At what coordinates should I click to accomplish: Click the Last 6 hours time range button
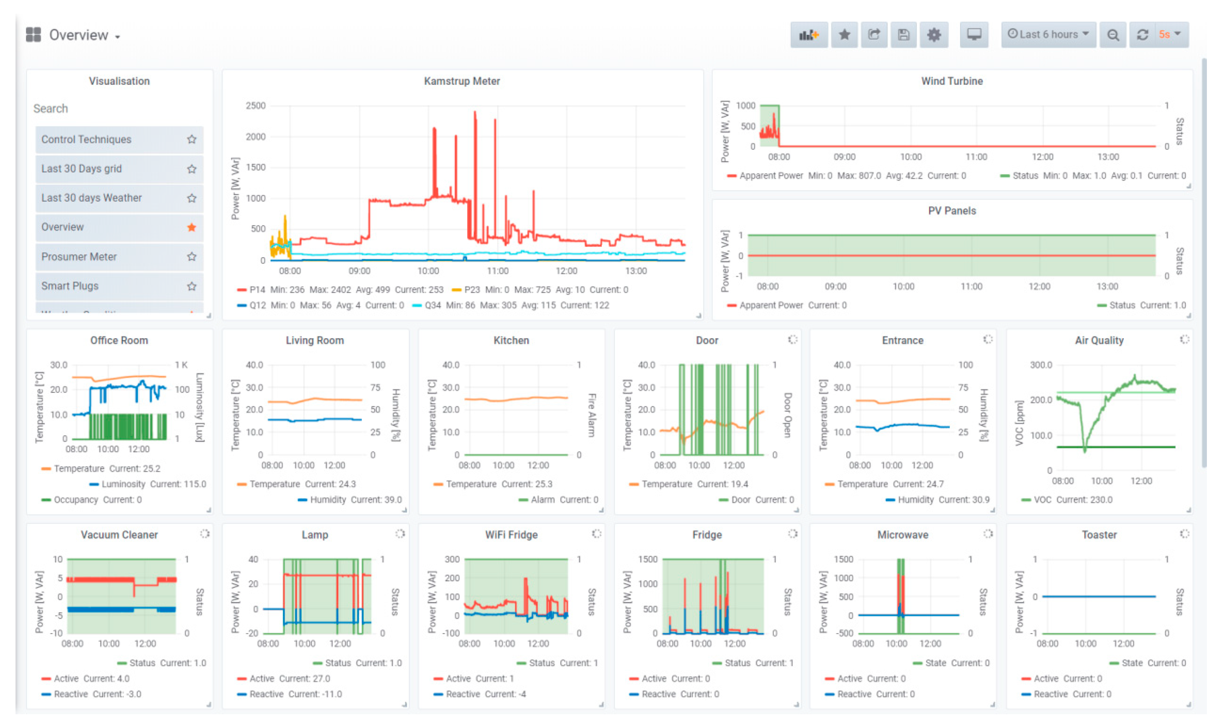click(1047, 34)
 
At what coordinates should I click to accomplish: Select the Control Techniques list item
click(86, 139)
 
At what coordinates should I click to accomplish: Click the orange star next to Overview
click(191, 227)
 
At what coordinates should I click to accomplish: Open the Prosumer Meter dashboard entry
click(79, 257)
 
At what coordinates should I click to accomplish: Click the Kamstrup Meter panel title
click(461, 81)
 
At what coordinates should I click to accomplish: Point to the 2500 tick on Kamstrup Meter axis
click(256, 106)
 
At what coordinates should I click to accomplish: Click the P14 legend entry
click(257, 290)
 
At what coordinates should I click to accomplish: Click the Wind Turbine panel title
click(951, 81)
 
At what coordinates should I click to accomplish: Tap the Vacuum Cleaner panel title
click(119, 535)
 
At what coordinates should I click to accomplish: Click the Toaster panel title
click(1099, 535)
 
